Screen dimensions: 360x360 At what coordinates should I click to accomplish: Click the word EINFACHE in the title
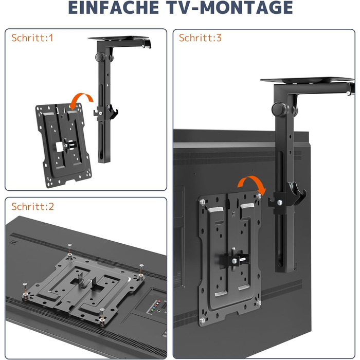pyautogui.click(x=114, y=8)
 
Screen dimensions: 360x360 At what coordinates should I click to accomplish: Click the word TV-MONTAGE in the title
pyautogui.click(x=229, y=8)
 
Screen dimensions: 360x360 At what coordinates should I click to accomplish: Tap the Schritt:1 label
pyautogui.click(x=32, y=38)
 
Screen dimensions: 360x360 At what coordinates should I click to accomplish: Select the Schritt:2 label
pyautogui.click(x=33, y=206)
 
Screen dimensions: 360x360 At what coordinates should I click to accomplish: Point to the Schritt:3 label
pyautogui.click(x=200, y=38)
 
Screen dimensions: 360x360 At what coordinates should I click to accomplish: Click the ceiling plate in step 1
pyautogui.click(x=119, y=38)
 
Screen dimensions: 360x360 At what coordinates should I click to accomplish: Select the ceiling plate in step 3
pyautogui.click(x=307, y=80)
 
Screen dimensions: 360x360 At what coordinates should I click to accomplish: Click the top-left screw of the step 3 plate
pyautogui.click(x=203, y=203)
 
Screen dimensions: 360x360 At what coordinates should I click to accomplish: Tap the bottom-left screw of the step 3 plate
pyautogui.click(x=203, y=320)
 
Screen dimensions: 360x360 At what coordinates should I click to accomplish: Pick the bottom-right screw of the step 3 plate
pyautogui.click(x=259, y=303)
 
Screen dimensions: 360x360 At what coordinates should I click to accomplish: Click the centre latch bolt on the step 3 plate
pyautogui.click(x=235, y=261)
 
